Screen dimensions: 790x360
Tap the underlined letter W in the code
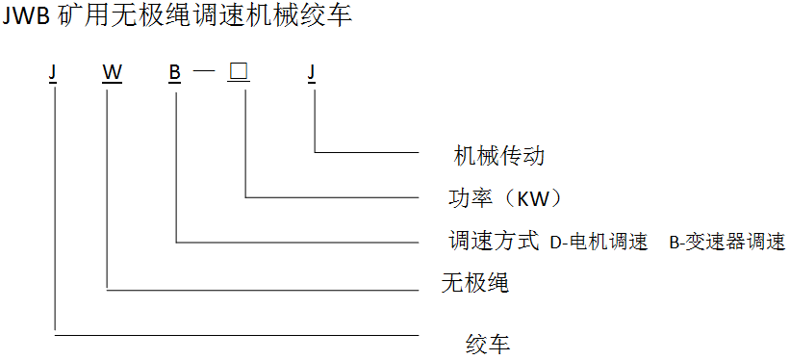[x=112, y=74]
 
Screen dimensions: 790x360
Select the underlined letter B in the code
[x=174, y=74]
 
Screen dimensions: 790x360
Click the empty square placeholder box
[x=239, y=73]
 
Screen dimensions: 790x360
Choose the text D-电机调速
[x=599, y=242]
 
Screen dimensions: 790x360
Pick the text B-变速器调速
[x=727, y=242]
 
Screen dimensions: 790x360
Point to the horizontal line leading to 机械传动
[x=366, y=152]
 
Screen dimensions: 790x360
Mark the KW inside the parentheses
[x=532, y=199]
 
